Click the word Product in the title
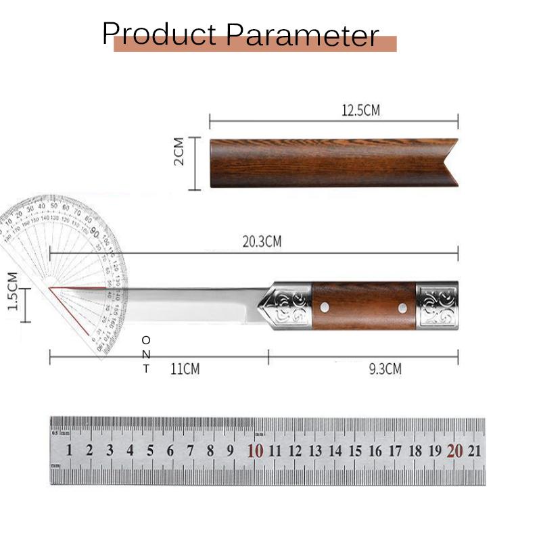point(160,34)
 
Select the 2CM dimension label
point(179,151)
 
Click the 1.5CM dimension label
point(13,291)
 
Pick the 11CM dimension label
point(185,369)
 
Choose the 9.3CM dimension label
point(385,369)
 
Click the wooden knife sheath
point(325,162)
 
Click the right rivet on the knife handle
point(403,308)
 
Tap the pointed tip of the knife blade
point(52,288)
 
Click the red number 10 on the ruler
point(255,451)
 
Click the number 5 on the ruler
point(150,451)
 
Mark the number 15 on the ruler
point(356,451)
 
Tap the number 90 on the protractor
point(95,233)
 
